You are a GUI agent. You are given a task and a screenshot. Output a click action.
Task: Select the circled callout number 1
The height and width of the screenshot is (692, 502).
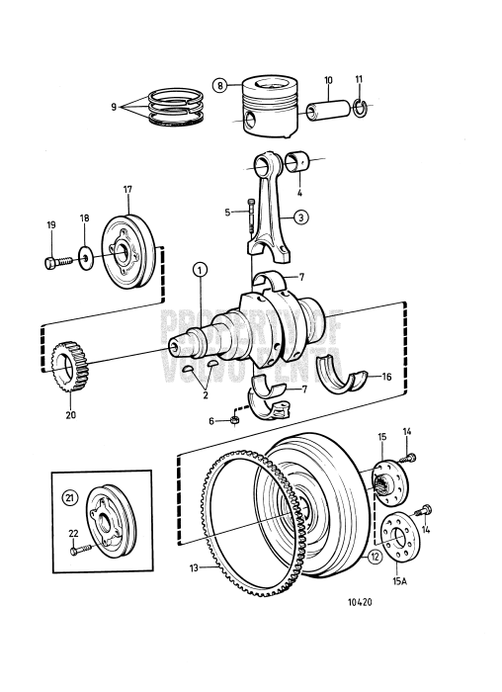[x=201, y=268]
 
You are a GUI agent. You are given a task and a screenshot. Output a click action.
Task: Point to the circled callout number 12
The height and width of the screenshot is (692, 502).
[x=375, y=557]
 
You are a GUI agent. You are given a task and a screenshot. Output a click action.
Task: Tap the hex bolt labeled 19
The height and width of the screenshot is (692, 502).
[x=55, y=262]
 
